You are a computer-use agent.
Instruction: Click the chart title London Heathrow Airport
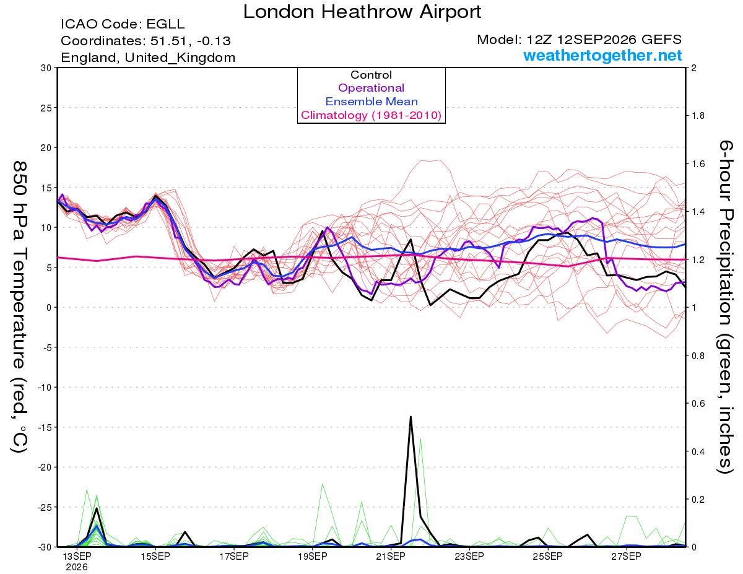tap(362, 12)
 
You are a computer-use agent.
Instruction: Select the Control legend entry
tap(371, 74)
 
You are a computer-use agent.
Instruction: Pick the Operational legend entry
tap(371, 88)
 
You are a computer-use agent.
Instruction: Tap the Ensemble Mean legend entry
tap(371, 102)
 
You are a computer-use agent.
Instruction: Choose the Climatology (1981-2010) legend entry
tap(371, 115)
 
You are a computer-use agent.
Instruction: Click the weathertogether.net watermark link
tap(602, 56)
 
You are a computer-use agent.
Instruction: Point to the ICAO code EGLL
tap(165, 24)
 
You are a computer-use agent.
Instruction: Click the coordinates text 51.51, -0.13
tap(191, 41)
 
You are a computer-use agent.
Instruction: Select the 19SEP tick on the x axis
tap(313, 557)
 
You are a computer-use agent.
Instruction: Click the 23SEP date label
tap(469, 557)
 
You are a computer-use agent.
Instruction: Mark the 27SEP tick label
tap(626, 557)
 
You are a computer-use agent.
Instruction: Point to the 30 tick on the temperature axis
tap(46, 68)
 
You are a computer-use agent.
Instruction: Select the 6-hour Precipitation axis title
tap(725, 307)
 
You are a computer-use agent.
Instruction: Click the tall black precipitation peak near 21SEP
tap(411, 417)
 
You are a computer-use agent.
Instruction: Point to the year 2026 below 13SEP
tap(77, 568)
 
